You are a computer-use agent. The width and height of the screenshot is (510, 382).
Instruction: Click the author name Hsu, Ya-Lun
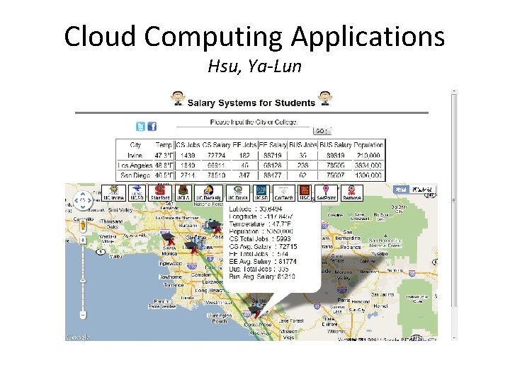coord(254,67)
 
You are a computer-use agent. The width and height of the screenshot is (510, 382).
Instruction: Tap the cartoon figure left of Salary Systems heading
coord(177,99)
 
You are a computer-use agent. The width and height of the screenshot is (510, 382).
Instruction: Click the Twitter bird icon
coord(140,127)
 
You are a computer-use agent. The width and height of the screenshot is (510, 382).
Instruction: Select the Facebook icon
coord(152,127)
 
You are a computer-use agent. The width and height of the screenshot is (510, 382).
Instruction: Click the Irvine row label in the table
coord(135,155)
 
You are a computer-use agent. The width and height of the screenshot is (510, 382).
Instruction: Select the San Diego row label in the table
coord(135,175)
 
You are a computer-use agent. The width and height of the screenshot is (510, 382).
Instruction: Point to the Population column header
coord(368,145)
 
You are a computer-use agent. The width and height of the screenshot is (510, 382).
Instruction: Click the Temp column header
coord(163,145)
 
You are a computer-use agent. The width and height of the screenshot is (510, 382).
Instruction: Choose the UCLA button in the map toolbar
coord(184,192)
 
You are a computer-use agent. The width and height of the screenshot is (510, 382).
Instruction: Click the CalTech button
coord(283,192)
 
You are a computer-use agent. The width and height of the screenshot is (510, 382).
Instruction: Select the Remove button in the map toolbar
coord(351,192)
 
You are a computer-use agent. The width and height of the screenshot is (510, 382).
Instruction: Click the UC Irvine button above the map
coord(113,192)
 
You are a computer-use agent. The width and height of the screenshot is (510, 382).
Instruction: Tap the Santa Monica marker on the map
coord(169,245)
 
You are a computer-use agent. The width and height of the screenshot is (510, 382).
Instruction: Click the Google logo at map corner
coord(78,336)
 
